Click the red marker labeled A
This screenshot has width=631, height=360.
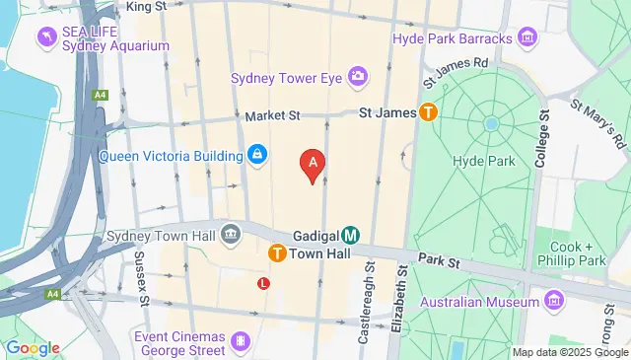pos(313,165)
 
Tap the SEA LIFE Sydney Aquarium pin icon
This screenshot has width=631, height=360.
pos(46,36)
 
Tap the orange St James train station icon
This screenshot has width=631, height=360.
pos(429,112)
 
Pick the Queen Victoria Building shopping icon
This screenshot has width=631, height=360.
pos(256,156)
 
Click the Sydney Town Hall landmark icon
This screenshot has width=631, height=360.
pos(231,234)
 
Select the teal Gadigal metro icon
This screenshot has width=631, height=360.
pos(350,236)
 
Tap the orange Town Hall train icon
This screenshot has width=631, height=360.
pos(278,253)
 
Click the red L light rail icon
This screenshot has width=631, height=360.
pos(263,283)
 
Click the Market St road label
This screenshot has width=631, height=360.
pos(272,115)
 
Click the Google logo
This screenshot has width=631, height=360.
pos(32,347)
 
